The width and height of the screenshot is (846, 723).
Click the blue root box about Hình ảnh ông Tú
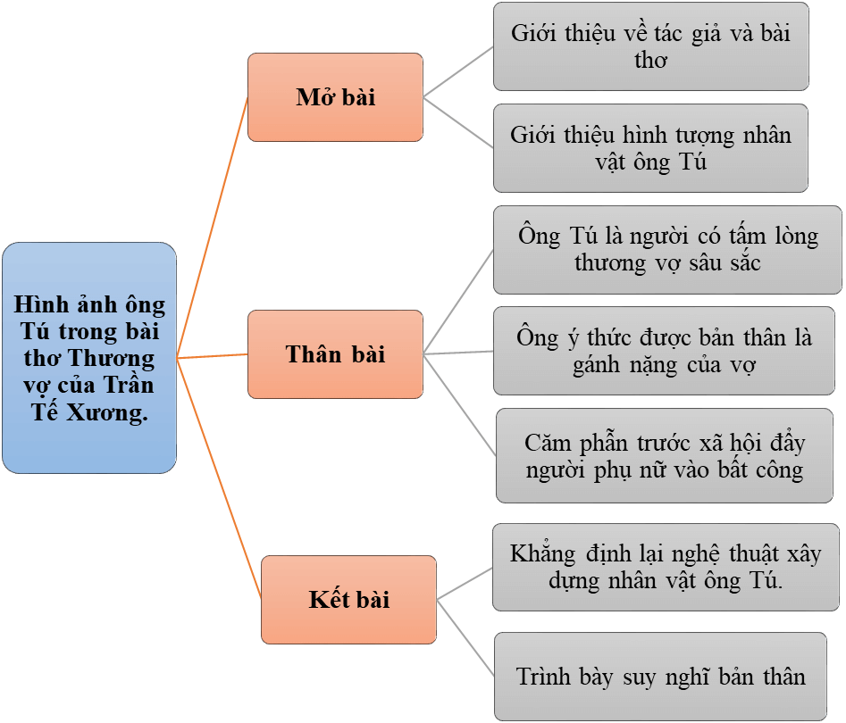click(x=88, y=357)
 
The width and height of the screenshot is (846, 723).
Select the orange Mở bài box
click(x=335, y=97)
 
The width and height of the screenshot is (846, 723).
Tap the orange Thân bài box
click(x=335, y=354)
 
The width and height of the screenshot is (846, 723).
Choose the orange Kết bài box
click(x=348, y=599)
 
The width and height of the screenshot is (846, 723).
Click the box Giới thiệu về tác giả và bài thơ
click(x=650, y=46)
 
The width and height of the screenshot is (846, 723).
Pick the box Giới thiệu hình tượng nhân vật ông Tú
click(x=650, y=148)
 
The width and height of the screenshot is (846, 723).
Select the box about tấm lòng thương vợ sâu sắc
click(x=667, y=250)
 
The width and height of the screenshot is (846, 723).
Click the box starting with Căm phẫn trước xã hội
click(x=665, y=455)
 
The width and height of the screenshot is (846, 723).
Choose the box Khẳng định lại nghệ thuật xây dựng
click(x=666, y=567)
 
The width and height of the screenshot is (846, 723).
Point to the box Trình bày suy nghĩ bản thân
click(x=660, y=677)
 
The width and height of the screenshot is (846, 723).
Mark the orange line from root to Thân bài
click(x=213, y=356)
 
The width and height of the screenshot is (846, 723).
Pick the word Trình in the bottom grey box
click(x=546, y=677)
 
